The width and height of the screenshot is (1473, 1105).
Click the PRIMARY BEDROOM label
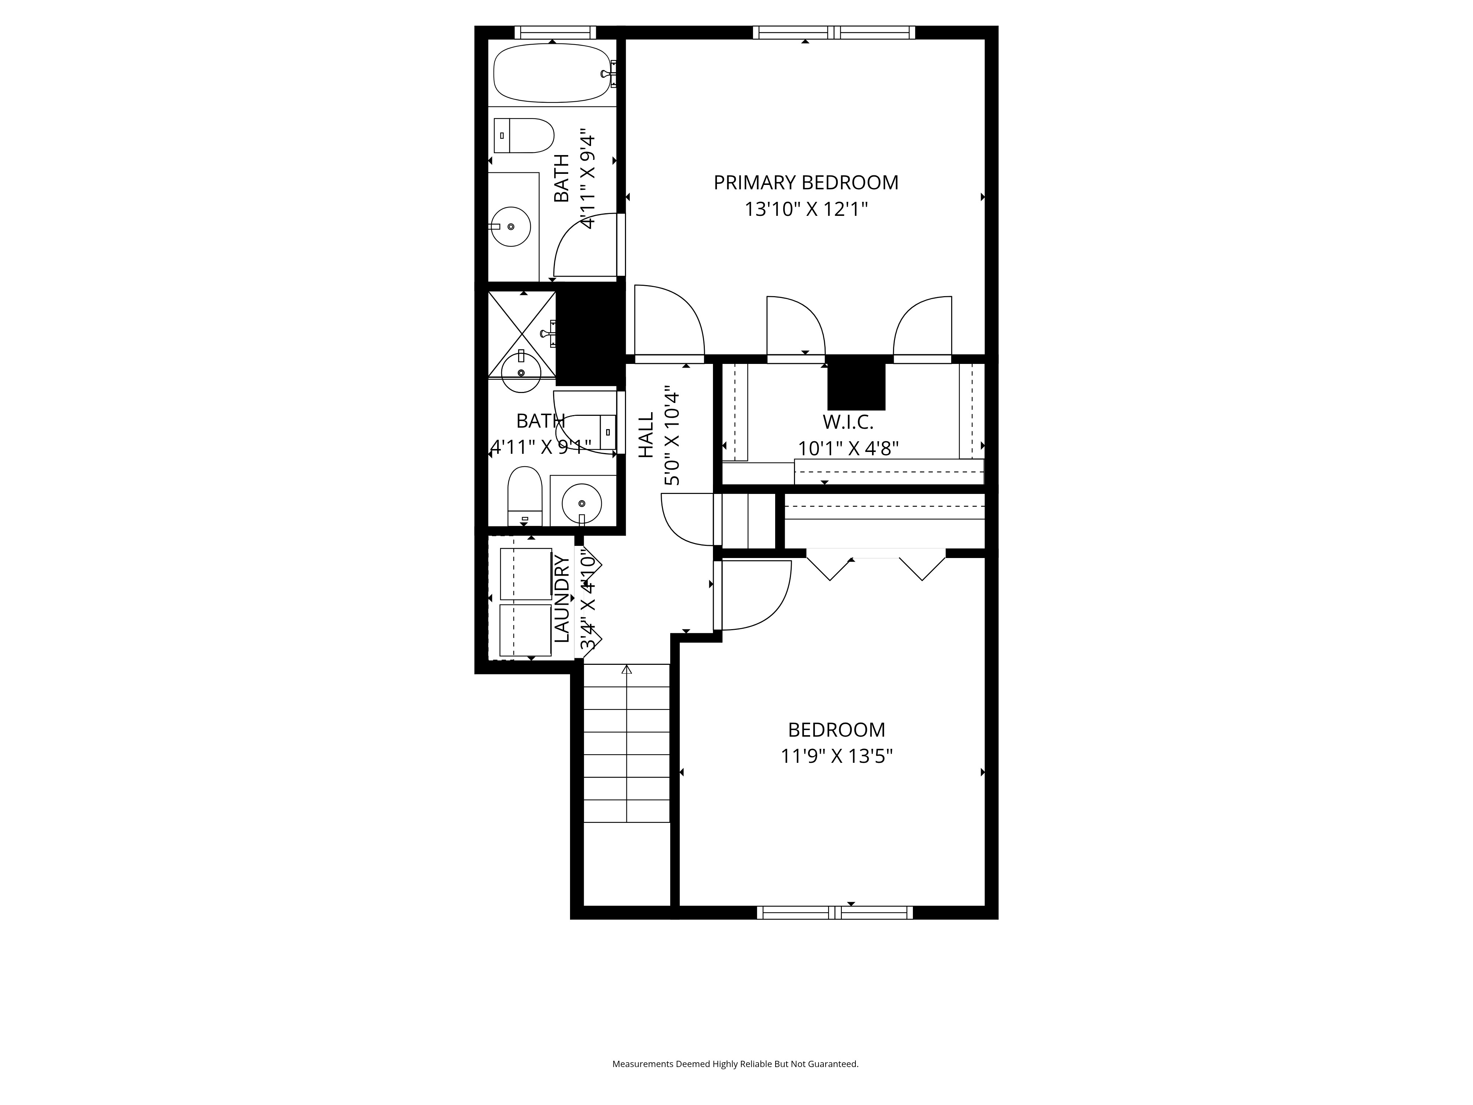click(806, 182)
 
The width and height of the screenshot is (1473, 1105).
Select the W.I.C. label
click(848, 422)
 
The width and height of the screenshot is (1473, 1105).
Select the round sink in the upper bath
click(511, 227)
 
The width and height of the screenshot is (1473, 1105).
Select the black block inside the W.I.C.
click(856, 383)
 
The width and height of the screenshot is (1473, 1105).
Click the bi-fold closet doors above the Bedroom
click(876, 564)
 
